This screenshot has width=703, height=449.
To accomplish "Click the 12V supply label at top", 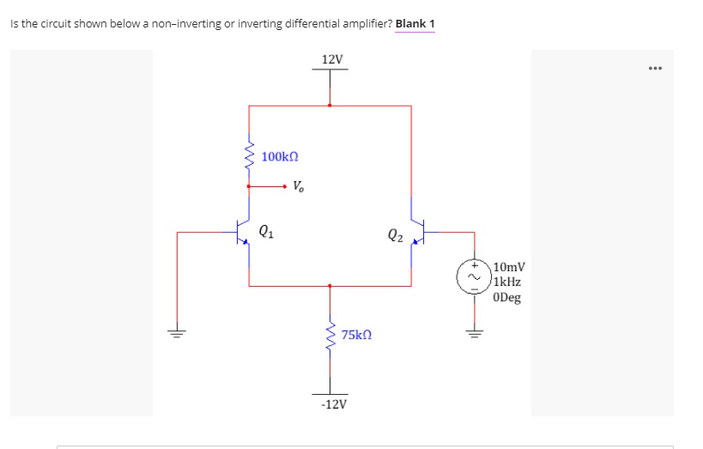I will (x=331, y=59).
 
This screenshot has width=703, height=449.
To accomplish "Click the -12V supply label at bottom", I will (x=332, y=403).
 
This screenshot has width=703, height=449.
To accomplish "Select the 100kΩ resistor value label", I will (x=280, y=156).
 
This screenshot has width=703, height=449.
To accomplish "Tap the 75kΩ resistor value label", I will (x=356, y=335).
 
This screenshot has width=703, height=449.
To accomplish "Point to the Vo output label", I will (x=297, y=185).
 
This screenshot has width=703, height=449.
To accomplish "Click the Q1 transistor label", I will (x=266, y=230).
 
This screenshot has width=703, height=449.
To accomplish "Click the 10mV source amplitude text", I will (x=510, y=268).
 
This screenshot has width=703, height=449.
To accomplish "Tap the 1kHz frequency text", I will (x=509, y=282).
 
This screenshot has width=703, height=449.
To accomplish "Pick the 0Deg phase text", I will (x=508, y=298).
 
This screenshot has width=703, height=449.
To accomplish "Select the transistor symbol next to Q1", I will (x=243, y=231).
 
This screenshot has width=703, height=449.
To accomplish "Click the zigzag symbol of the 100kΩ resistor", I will (x=249, y=156).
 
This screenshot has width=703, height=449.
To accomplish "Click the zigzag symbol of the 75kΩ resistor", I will (x=329, y=335).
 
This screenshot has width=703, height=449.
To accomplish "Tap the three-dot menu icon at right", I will (x=657, y=67).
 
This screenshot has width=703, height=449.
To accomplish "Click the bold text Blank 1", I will (x=415, y=23).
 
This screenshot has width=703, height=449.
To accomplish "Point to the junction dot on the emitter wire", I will (x=329, y=286).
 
